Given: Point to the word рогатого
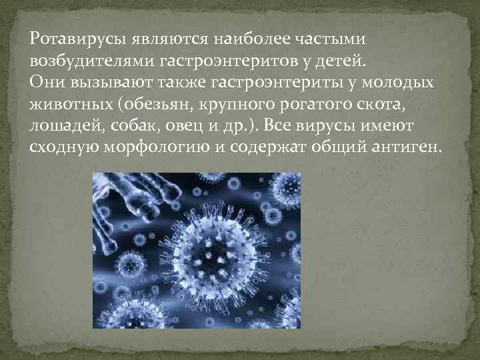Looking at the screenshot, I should point(329,105).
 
